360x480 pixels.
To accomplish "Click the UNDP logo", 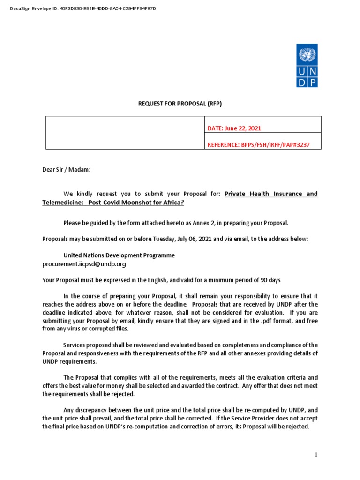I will coord(307,65).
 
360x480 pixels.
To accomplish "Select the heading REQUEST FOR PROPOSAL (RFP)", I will coord(180,104).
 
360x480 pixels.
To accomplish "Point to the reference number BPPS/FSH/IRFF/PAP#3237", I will coord(259,145).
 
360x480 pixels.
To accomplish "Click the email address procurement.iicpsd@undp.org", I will coord(84,264).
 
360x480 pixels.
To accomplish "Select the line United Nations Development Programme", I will coord(119,255).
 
